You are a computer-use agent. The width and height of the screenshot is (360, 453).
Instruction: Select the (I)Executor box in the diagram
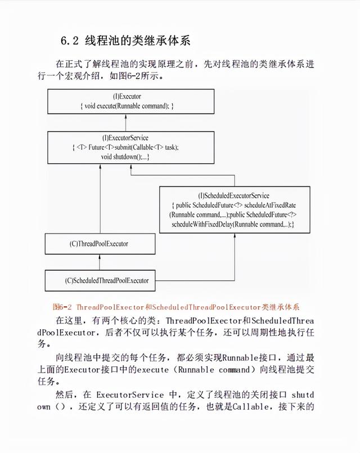coord(130,101)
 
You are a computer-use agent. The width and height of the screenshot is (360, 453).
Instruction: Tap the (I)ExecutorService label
coord(130,138)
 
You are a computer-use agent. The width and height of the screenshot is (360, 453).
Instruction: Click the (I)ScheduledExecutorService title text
coord(234,196)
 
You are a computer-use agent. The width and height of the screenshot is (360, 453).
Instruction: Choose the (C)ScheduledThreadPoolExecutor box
coord(107,280)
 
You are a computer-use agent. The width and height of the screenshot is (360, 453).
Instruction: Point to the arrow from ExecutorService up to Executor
coord(130,122)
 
